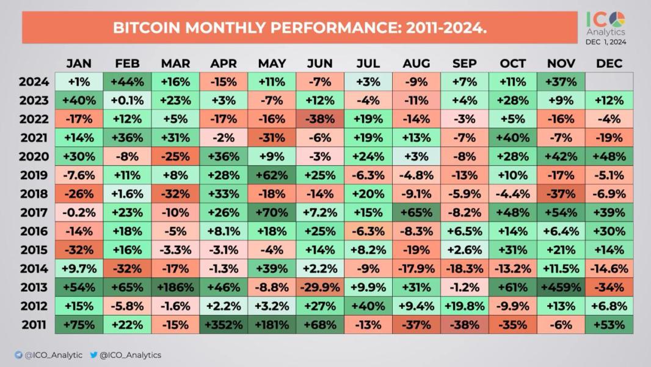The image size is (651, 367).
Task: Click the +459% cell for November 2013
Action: tap(561, 287)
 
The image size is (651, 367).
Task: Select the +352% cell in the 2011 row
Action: tap(223, 325)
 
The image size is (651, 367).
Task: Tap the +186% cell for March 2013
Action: tap(175, 287)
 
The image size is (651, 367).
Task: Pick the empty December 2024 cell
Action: tap(609, 81)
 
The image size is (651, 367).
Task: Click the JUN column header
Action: tap(320, 64)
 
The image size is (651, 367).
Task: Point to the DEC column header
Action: tap(609, 64)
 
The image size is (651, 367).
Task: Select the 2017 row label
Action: tap(34, 212)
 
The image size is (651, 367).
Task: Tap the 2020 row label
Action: tap(34, 156)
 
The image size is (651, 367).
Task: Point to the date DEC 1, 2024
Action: tap(606, 42)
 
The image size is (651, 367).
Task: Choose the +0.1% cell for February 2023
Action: tap(127, 100)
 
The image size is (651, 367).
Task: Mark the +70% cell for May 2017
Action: tap(272, 212)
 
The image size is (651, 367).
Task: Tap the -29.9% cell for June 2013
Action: tap(320, 287)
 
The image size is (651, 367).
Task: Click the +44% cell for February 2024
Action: tap(127, 81)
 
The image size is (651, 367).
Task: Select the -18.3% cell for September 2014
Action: tap(464, 269)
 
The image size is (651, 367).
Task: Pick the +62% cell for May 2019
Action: tap(272, 175)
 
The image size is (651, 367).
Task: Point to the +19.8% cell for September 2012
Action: tap(464, 306)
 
